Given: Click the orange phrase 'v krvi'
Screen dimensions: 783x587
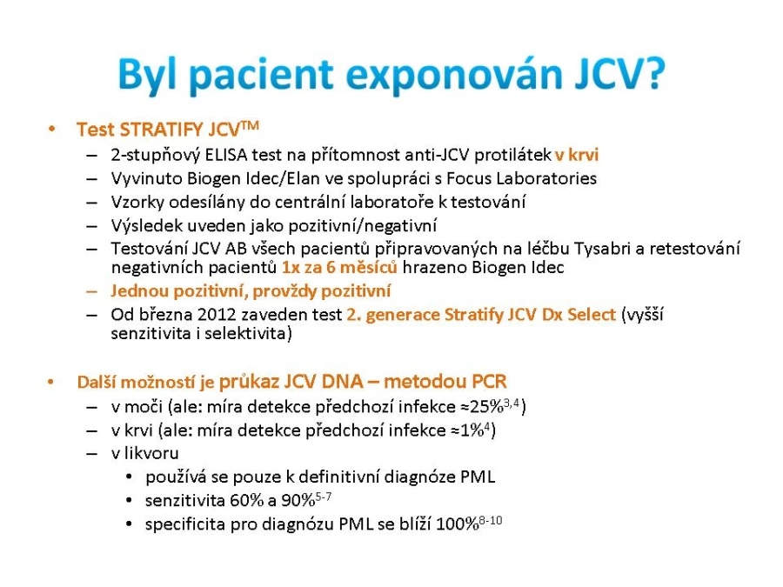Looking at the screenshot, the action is pyautogui.click(x=577, y=155).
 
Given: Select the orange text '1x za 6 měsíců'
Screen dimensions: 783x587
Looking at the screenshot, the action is pyautogui.click(x=339, y=268).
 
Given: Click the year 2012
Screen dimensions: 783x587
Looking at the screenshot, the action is pyautogui.click(x=217, y=315).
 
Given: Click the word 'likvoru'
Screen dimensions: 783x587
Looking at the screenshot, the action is pyautogui.click(x=151, y=453).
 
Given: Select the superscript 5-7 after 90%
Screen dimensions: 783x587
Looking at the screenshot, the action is pyautogui.click(x=324, y=497).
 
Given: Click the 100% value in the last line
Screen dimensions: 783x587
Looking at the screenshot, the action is pyautogui.click(x=458, y=524).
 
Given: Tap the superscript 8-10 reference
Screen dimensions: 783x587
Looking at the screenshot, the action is pyautogui.click(x=491, y=521).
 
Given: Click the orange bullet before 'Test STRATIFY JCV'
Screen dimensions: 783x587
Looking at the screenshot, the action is pyautogui.click(x=51, y=129).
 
